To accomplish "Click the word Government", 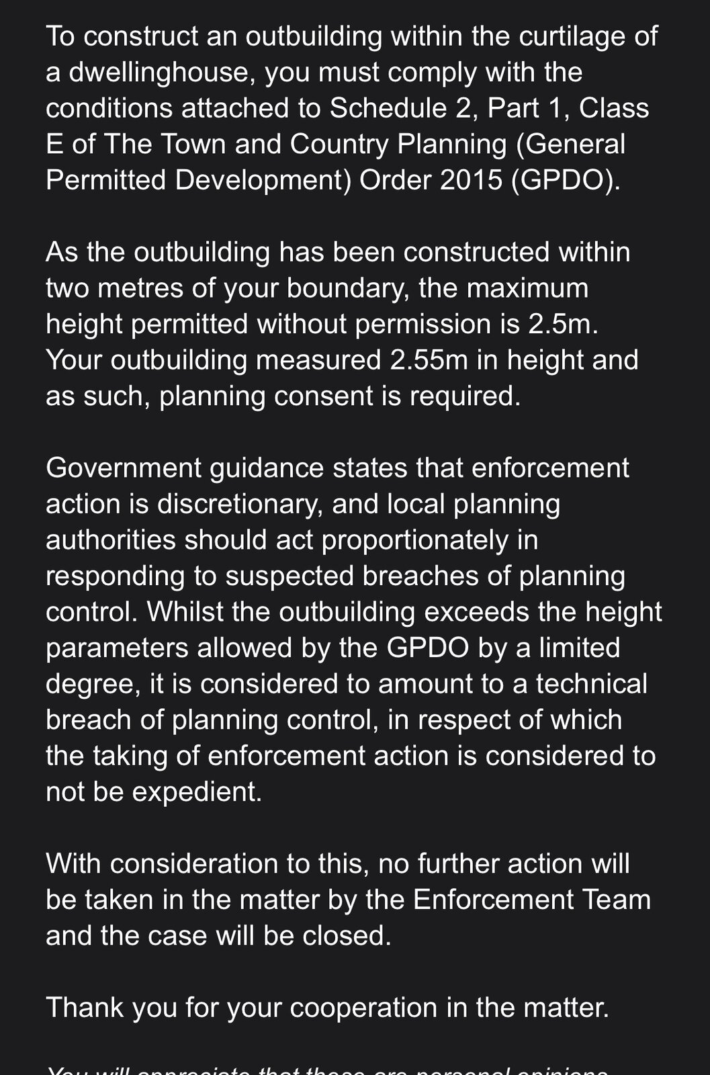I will click(124, 468).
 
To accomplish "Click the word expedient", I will click(196, 791).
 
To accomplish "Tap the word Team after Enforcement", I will click(615, 900).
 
